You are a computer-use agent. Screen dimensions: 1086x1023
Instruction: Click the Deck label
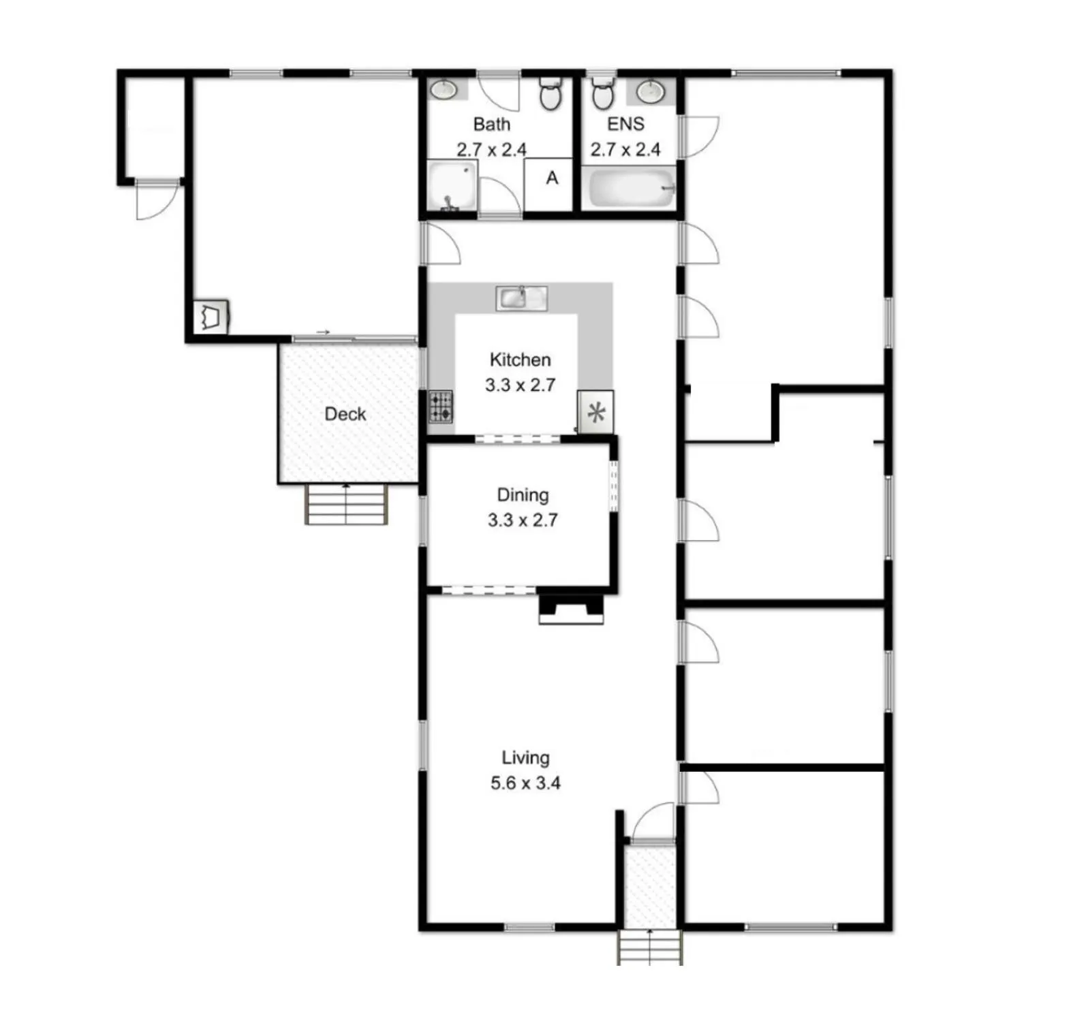(345, 413)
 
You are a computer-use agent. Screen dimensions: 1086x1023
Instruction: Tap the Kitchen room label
(520, 360)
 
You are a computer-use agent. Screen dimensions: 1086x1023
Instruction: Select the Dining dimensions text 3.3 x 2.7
(523, 520)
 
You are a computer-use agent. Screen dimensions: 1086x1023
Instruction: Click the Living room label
(525, 758)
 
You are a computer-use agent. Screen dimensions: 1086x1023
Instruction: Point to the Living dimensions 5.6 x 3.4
(525, 783)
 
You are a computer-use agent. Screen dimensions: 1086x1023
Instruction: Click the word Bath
(491, 124)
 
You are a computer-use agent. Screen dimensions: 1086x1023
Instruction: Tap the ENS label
(625, 124)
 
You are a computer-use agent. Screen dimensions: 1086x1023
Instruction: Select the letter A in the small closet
(552, 178)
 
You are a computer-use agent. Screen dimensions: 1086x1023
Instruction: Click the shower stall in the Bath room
(452, 185)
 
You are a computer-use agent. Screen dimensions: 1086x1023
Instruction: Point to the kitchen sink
(521, 298)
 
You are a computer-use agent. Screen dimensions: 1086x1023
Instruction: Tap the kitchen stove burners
(441, 407)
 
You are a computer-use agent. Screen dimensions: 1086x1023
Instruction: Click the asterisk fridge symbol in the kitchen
(596, 412)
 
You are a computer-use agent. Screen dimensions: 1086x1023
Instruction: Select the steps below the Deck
(347, 504)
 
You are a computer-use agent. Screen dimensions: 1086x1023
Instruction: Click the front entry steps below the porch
(650, 947)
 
